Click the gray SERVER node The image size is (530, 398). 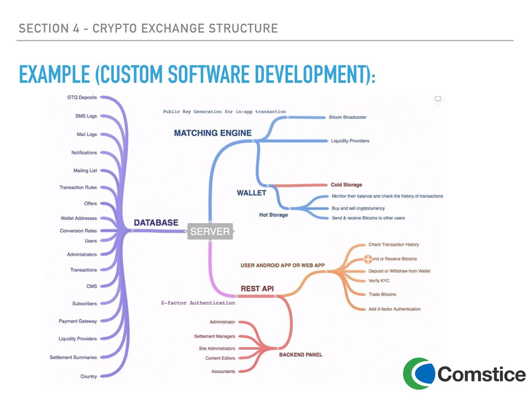[210, 232]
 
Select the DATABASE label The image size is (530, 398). [156, 223]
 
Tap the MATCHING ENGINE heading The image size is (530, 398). [213, 133]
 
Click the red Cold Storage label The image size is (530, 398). [346, 184]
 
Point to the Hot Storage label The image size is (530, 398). [273, 215]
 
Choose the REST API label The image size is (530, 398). [257, 288]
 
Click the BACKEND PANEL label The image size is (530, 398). [300, 354]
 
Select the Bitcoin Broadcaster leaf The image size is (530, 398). [347, 117]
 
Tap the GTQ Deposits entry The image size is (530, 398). [82, 97]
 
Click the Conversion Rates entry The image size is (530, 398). [78, 231]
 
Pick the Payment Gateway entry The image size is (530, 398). [78, 321]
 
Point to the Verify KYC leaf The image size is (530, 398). [379, 281]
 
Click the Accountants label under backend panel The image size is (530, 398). [223, 371]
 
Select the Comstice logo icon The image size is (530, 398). [418, 373]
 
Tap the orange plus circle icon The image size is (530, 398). [369, 259]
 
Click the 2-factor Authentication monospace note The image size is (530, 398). [198, 303]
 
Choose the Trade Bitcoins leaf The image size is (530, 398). [382, 294]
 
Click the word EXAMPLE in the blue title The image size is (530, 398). [54, 76]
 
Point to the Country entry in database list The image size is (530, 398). [89, 376]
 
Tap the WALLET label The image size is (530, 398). [251, 193]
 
